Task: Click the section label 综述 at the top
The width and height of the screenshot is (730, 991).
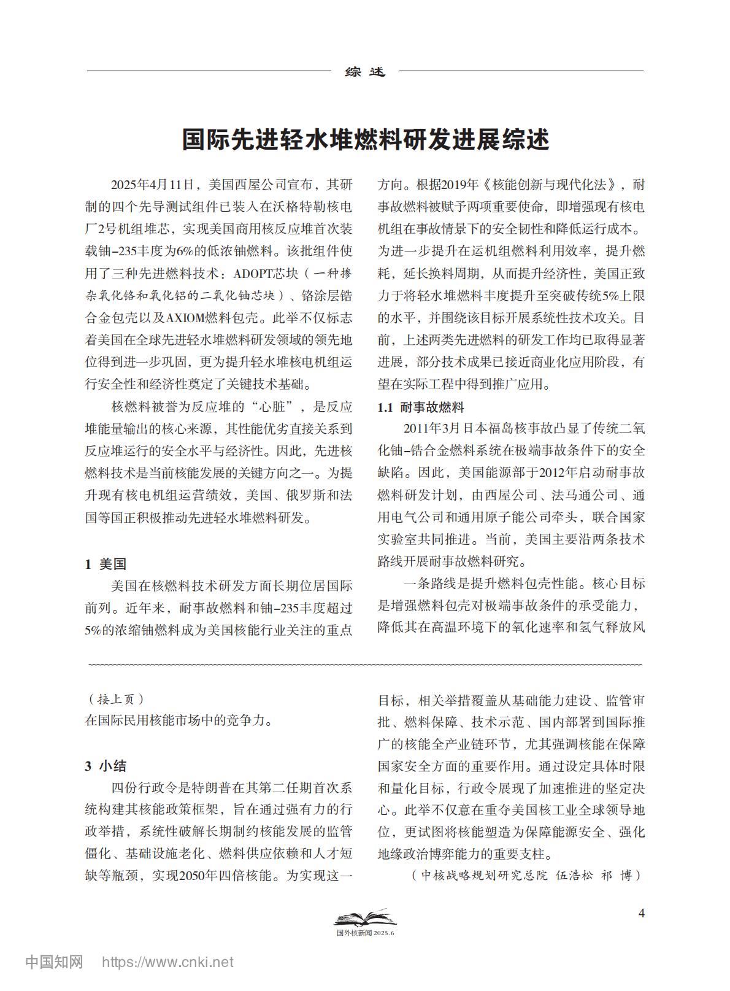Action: tap(365, 72)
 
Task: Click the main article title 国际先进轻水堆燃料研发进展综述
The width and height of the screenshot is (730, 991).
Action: tap(365, 140)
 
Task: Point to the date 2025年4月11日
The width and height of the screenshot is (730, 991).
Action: tap(152, 185)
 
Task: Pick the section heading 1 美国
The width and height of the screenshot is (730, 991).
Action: tap(106, 564)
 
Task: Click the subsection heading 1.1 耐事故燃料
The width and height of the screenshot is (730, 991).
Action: tap(420, 407)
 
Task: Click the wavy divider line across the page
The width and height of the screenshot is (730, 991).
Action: tap(365, 664)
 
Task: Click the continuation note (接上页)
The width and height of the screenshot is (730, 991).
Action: tap(117, 700)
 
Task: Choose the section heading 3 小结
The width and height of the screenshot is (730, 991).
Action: tap(106, 766)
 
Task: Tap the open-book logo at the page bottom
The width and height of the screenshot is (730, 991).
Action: tap(365, 919)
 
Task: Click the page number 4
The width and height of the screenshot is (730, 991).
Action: tap(642, 913)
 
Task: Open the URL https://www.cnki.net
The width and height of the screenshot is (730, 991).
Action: tap(167, 962)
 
